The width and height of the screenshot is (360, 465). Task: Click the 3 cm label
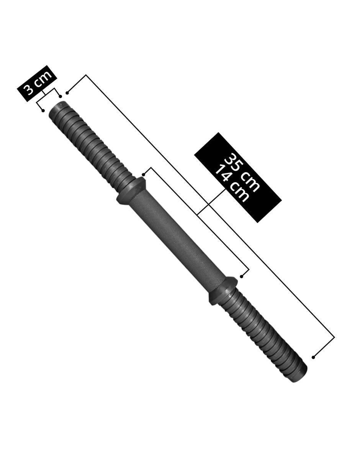tap(37, 83)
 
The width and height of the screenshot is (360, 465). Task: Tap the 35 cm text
tap(242, 173)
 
